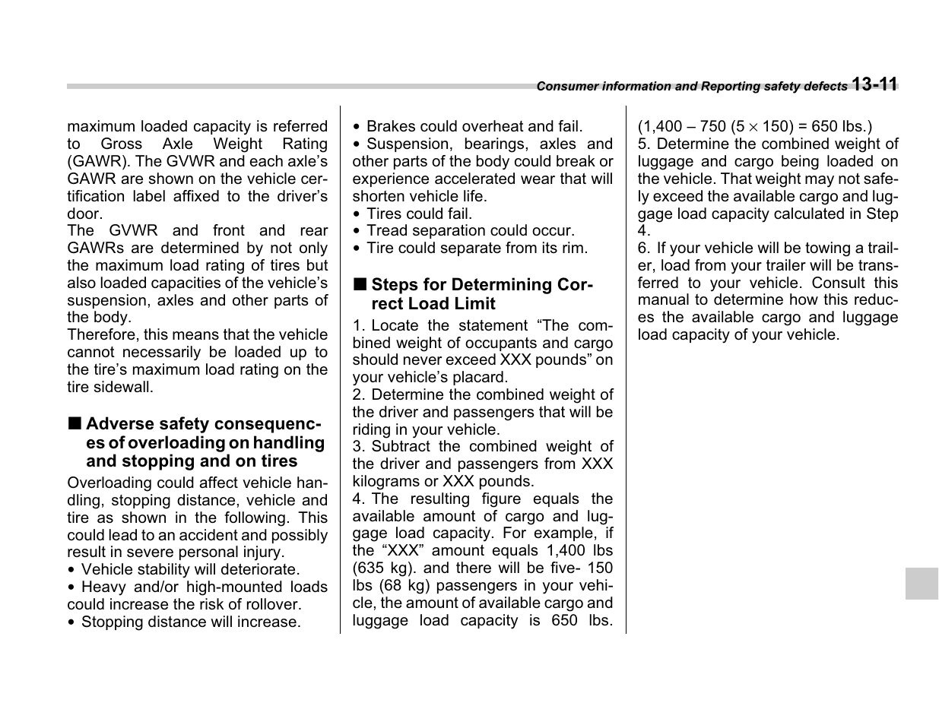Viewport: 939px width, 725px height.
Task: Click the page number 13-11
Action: click(x=874, y=84)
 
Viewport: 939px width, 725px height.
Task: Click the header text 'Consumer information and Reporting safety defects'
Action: click(x=691, y=87)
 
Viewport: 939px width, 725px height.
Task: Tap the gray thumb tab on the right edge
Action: click(x=921, y=584)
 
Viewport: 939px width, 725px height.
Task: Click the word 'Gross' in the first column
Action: click(x=121, y=144)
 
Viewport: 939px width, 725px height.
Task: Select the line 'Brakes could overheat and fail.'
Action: click(x=474, y=126)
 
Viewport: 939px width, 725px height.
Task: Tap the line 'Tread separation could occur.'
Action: click(x=470, y=230)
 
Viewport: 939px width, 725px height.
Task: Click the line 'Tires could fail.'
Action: click(x=419, y=214)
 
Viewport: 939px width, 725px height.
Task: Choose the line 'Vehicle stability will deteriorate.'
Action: click(x=190, y=569)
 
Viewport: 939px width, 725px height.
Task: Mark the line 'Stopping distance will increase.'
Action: click(x=190, y=622)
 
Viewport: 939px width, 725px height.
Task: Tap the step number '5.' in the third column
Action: click(x=644, y=144)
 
